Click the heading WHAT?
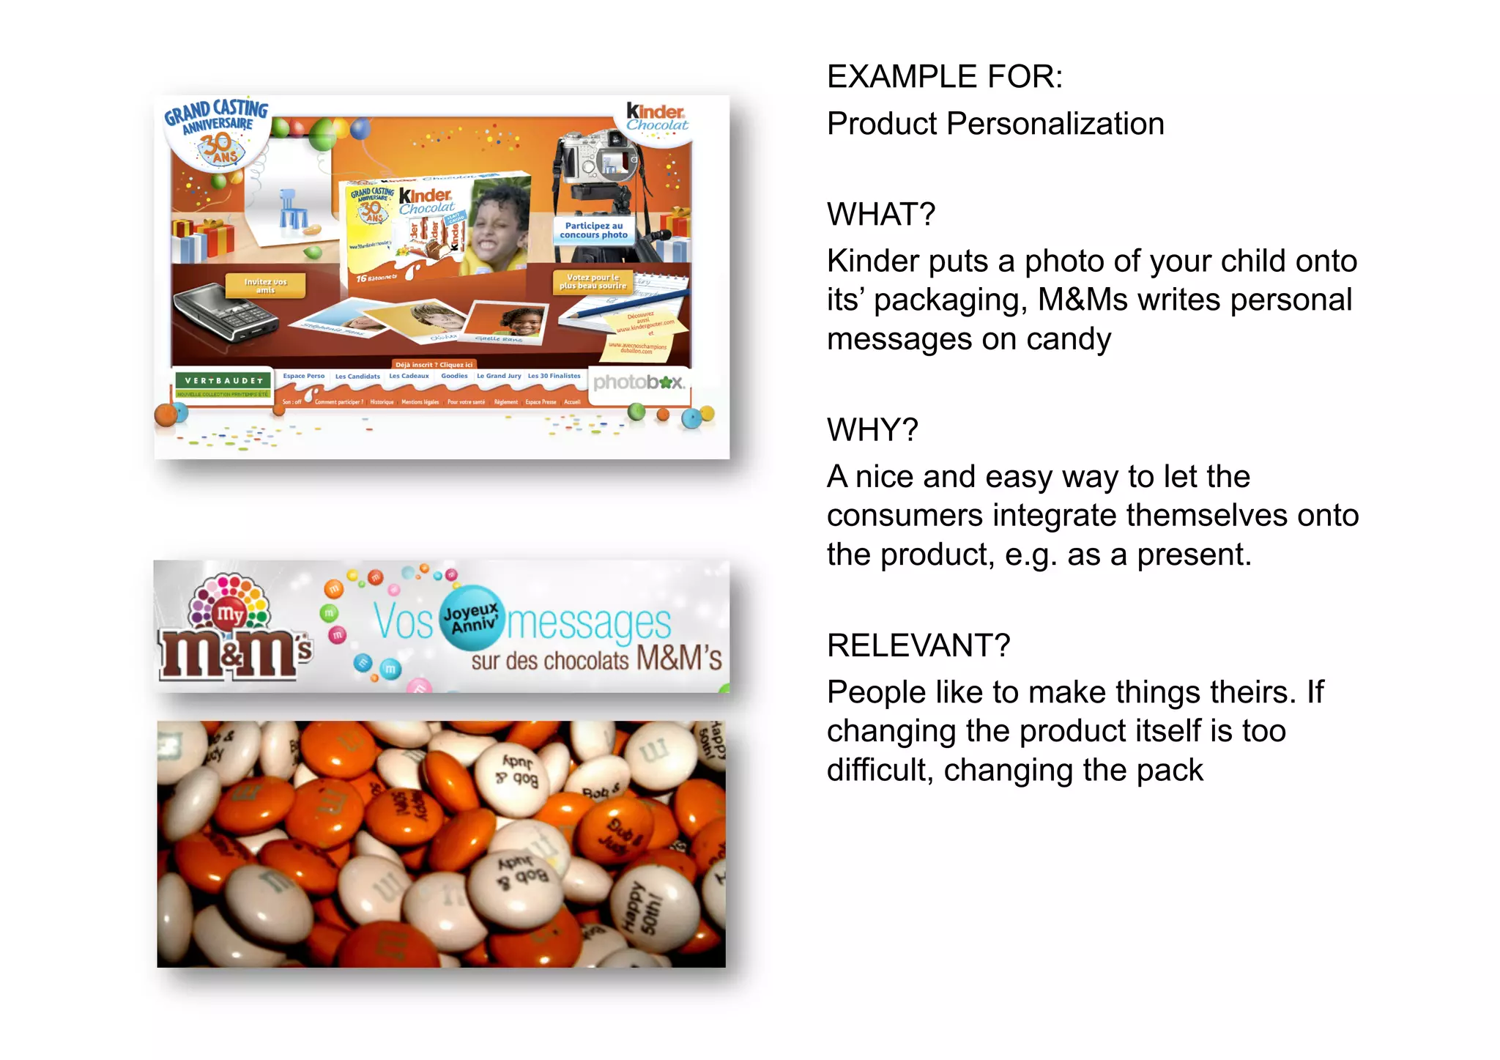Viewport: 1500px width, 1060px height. point(880,215)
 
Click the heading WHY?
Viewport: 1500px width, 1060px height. point(872,430)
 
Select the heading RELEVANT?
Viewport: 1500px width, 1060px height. point(918,645)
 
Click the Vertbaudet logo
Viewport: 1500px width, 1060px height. point(223,382)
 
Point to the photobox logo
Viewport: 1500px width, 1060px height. point(638,382)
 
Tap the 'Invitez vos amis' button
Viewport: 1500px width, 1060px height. point(265,286)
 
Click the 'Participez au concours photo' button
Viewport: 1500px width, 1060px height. point(593,231)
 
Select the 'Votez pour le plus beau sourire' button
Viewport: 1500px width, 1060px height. point(593,282)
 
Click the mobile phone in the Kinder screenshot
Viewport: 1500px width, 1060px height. point(224,311)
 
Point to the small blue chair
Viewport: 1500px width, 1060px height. point(292,208)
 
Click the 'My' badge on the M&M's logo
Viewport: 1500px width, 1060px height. point(230,614)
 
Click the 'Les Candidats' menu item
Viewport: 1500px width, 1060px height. point(357,377)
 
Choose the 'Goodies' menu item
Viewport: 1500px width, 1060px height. point(454,376)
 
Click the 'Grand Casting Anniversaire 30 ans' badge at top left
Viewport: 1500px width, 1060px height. point(217,132)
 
